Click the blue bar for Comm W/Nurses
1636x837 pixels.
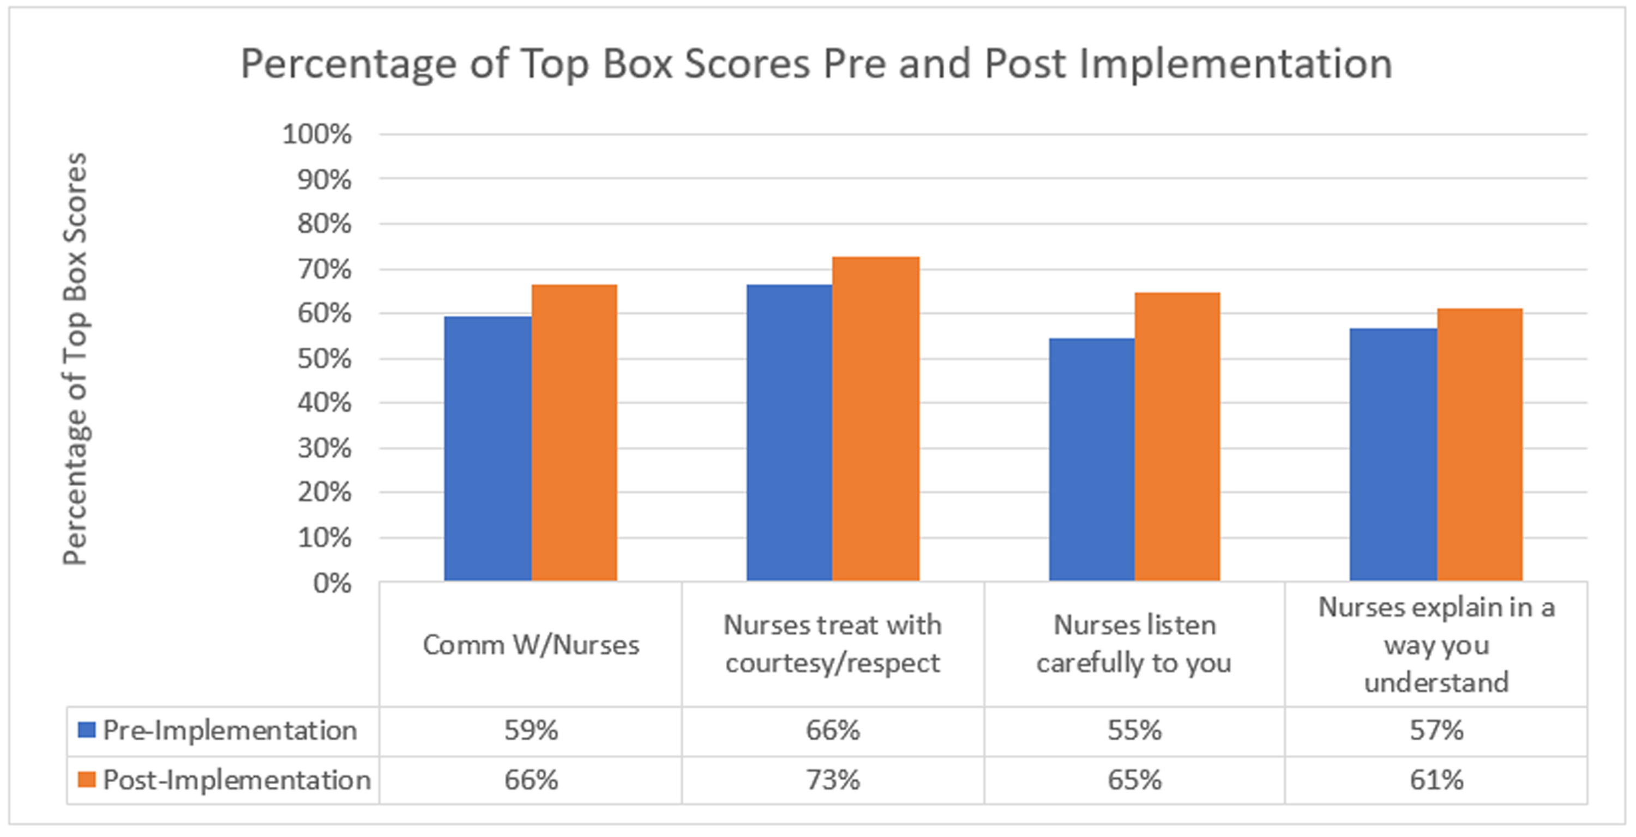487,448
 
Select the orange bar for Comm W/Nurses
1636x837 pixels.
574,432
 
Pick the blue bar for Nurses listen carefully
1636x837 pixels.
1091,459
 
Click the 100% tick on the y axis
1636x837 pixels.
316,135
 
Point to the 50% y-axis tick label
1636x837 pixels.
324,359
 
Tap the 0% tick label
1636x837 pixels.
332,583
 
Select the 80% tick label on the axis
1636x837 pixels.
324,224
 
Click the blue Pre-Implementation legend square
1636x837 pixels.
86,730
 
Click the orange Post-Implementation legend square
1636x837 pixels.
86,779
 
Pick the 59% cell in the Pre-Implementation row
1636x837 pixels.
531,730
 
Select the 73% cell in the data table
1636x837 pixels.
833,780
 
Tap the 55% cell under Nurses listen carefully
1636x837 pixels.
1134,730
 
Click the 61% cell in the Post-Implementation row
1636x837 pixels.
1436,780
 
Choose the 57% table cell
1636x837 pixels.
1436,730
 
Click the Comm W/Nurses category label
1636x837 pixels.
531,645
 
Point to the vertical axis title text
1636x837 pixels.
75,359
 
